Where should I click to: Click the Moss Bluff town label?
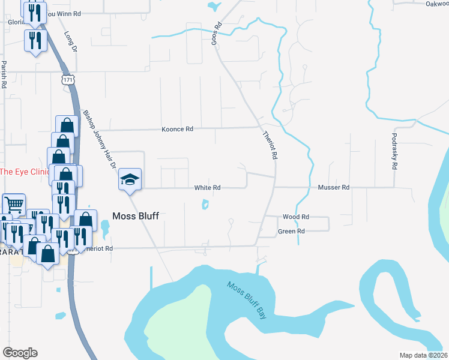pos(136,216)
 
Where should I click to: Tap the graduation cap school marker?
pos(130,180)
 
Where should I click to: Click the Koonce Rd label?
pos(177,129)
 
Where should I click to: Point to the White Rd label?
pos(207,188)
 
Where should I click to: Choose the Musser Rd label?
pos(333,188)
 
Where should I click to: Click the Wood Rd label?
pos(295,217)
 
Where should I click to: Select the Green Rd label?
pos(291,231)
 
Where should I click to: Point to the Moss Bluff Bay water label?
pos(247,300)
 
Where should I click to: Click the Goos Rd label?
pos(218,35)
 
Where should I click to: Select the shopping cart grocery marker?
pos(13,204)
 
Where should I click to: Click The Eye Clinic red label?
pos(24,172)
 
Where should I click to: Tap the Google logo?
pos(20,353)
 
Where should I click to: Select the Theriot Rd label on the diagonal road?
pos(270,145)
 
